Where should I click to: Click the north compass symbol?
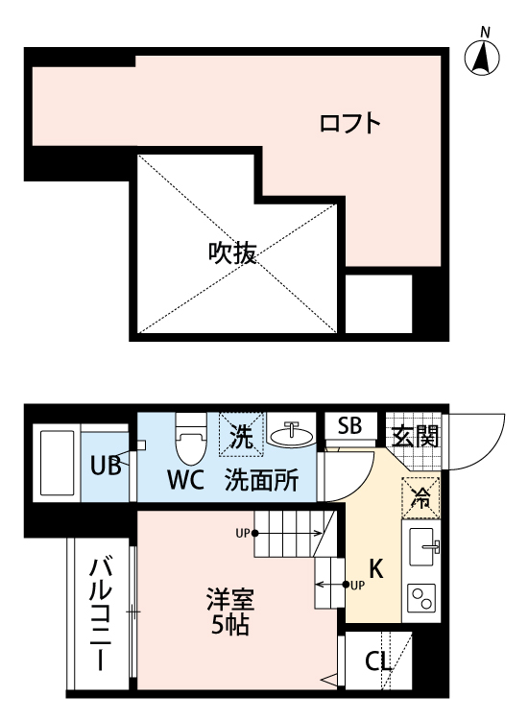coord(485,58)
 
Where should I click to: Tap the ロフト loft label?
coord(350,124)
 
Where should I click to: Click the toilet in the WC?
coord(188,442)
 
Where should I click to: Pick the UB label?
coord(105,467)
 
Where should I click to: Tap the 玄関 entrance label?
coord(415,437)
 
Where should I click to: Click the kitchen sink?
coord(421,549)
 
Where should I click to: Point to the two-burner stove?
coord(421,599)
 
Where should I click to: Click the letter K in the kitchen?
coord(376,567)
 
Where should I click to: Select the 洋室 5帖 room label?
coord(230,611)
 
